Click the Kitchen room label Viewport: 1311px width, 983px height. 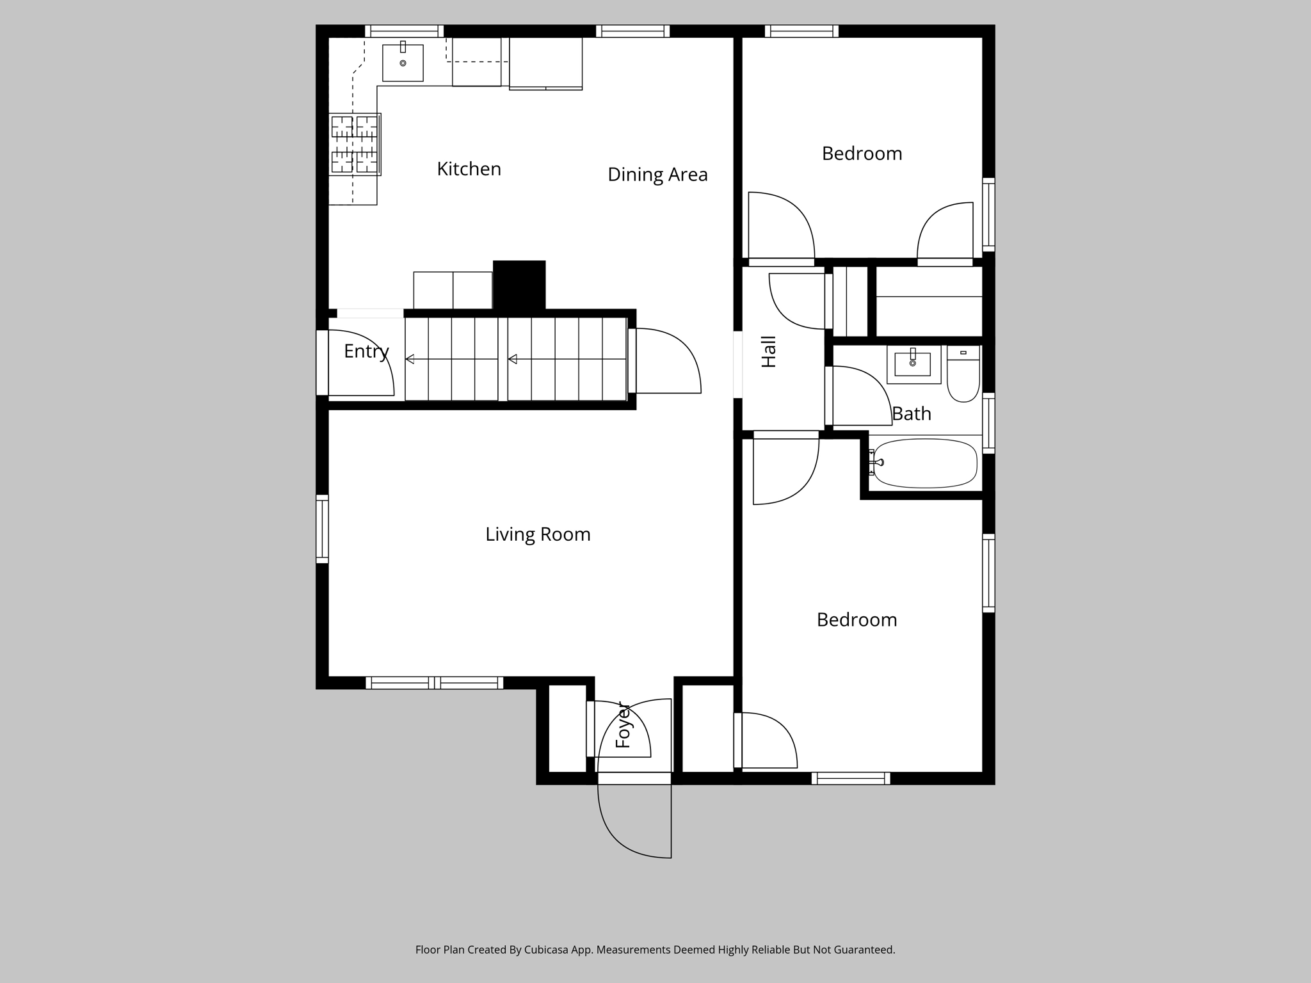(469, 169)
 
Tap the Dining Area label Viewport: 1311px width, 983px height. (657, 175)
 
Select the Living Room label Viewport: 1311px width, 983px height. (538, 534)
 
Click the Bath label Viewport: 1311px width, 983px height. (912, 414)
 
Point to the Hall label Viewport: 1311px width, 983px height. (769, 351)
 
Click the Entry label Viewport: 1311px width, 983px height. (366, 351)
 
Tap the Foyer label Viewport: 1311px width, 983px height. (623, 726)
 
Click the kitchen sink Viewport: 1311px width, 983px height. (403, 63)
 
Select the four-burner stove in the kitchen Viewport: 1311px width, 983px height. (354, 145)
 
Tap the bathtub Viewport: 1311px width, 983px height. (925, 463)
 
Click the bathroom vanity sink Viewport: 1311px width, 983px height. (912, 364)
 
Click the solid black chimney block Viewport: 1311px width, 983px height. (519, 285)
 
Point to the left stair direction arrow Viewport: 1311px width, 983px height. (410, 359)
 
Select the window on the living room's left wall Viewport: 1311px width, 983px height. (322, 529)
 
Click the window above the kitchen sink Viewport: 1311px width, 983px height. (404, 31)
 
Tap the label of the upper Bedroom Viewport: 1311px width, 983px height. (862, 154)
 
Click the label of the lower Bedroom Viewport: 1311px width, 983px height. (857, 620)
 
